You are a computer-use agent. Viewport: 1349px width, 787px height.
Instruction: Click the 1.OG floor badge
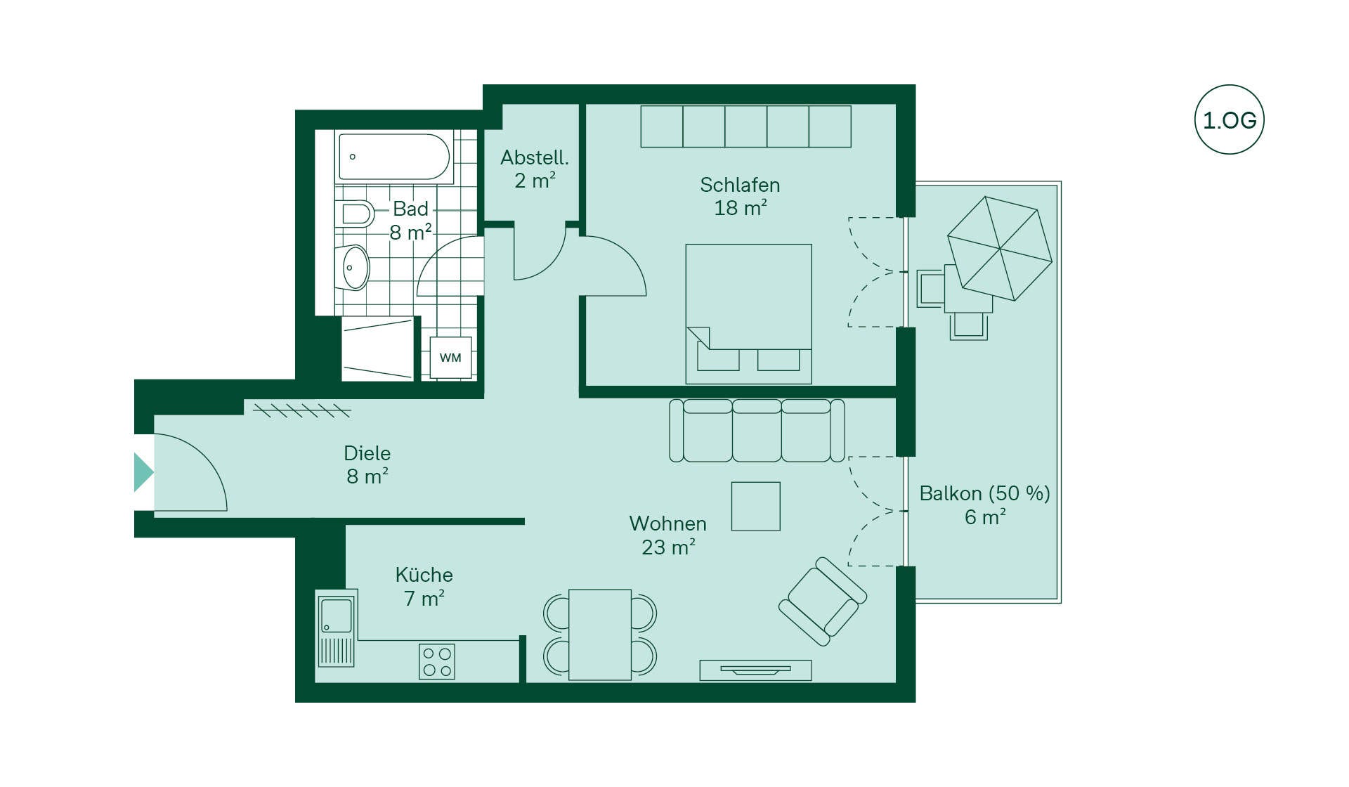click(1229, 119)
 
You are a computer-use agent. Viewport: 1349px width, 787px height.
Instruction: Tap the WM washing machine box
click(450, 358)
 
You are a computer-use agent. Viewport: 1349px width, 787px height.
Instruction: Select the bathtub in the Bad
click(394, 157)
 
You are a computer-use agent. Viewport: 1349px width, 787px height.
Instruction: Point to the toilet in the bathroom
click(354, 214)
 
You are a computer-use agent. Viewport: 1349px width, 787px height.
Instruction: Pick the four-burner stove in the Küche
click(437, 662)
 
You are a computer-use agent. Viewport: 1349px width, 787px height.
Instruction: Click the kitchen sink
click(337, 627)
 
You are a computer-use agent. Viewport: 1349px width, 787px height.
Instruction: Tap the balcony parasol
click(1000, 248)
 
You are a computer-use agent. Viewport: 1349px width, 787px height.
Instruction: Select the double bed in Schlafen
click(749, 313)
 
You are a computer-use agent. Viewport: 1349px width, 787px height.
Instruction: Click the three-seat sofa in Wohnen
click(757, 430)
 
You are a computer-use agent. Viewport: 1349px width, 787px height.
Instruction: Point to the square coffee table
click(756, 506)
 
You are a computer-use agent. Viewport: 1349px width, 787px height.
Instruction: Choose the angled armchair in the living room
click(823, 601)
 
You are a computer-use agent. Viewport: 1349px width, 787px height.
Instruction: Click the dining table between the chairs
click(600, 635)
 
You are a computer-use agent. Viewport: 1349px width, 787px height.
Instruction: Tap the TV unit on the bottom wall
click(756, 670)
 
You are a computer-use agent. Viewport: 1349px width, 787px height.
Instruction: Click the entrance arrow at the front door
click(143, 471)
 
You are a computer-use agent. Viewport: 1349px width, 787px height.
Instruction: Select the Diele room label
click(367, 464)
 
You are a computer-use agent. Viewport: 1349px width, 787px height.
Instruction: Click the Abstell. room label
click(535, 169)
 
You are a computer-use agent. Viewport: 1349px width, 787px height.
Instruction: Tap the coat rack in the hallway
click(302, 410)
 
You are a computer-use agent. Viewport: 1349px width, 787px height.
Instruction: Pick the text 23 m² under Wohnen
click(668, 547)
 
